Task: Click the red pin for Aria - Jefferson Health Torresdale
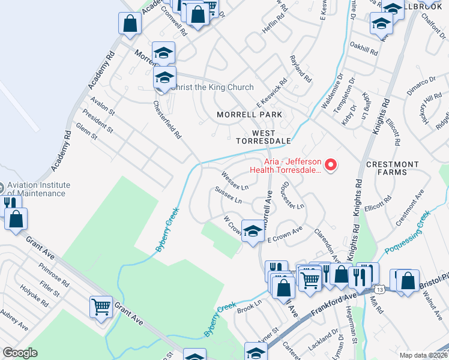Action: [330, 164]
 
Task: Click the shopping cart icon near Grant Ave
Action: [101, 307]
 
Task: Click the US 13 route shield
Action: [380, 290]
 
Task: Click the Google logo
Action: [20, 353]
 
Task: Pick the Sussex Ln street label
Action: [228, 195]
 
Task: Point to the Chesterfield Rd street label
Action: [167, 120]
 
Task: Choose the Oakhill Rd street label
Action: [364, 48]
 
